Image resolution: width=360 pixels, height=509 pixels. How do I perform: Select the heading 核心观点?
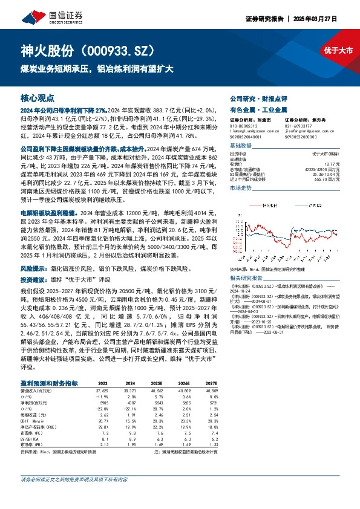(37, 97)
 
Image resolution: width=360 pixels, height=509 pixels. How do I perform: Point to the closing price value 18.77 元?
(330, 163)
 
